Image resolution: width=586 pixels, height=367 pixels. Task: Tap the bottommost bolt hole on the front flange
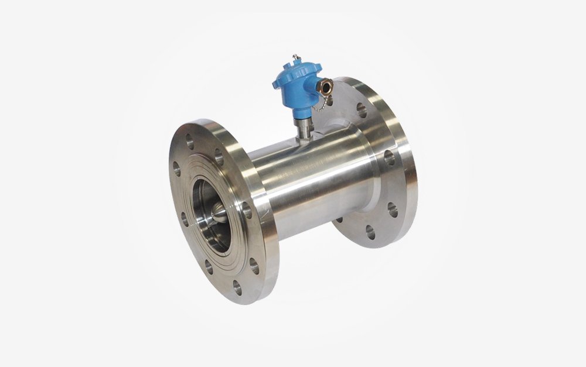point(236,286)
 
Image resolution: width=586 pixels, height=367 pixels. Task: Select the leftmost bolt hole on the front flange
point(177,169)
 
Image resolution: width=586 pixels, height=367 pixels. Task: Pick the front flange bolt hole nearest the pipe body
point(247,210)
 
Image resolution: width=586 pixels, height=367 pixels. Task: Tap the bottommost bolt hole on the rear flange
point(370,231)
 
